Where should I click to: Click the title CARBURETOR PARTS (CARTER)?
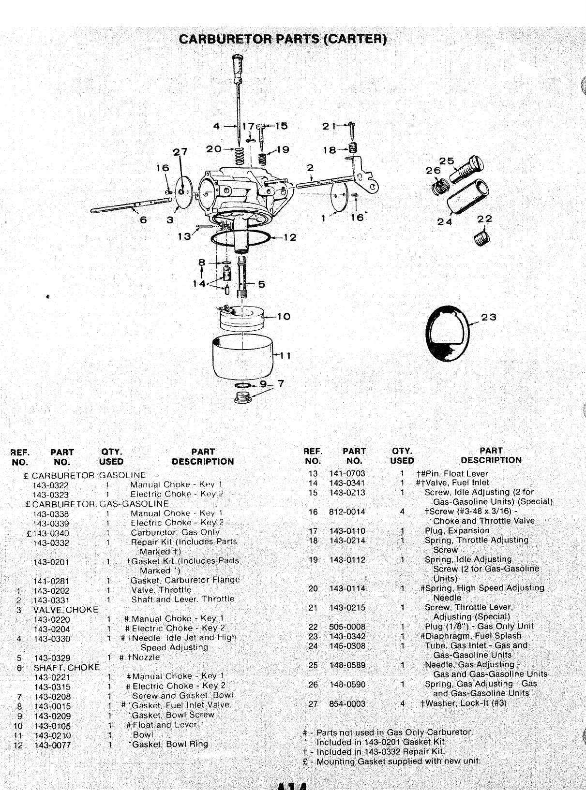[283, 39]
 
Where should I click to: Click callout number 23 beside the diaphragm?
[489, 318]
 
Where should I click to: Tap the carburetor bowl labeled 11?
[242, 357]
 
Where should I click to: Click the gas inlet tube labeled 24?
[466, 196]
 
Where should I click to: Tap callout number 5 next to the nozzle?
[261, 284]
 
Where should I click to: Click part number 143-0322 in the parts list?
[51, 485]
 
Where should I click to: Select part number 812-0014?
[347, 512]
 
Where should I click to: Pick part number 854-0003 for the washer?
[347, 703]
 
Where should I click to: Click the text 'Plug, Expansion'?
[457, 530]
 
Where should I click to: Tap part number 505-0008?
[347, 627]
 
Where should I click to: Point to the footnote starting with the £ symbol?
[391, 761]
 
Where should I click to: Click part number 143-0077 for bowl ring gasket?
[52, 745]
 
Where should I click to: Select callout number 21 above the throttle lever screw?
[329, 126]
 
